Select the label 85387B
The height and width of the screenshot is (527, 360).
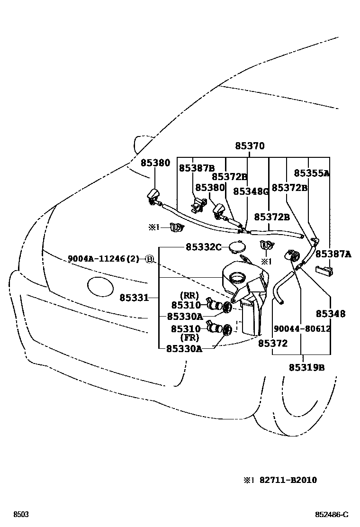197,168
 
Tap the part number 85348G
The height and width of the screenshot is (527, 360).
251,191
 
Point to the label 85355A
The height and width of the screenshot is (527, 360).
311,173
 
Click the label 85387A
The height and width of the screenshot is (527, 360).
333,254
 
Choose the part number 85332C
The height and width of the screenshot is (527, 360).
203,247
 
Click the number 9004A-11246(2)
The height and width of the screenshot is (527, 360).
104,259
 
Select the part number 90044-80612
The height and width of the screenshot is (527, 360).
302,328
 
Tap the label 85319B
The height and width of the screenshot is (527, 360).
306,367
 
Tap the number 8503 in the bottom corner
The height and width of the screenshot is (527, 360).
20,515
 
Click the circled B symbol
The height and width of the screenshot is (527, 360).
149,259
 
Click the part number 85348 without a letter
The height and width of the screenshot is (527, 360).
330,314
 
